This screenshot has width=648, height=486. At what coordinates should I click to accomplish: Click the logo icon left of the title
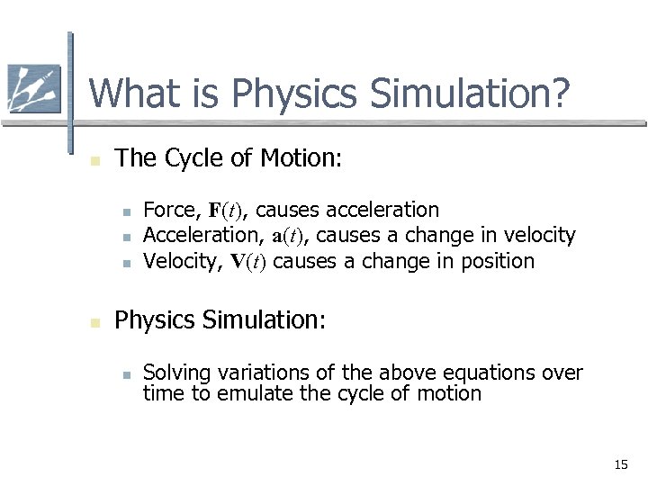click(33, 89)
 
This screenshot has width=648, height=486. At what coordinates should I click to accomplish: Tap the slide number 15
click(620, 464)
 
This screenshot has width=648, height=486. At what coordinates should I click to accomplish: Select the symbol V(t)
click(248, 262)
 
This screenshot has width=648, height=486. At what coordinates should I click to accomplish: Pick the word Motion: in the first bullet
click(301, 158)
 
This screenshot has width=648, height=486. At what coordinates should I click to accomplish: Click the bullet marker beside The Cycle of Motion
click(94, 160)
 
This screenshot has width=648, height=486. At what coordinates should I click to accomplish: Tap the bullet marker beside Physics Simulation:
click(94, 321)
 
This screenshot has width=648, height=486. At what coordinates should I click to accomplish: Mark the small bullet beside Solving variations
click(128, 374)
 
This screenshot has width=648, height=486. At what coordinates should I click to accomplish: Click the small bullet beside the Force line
click(128, 212)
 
